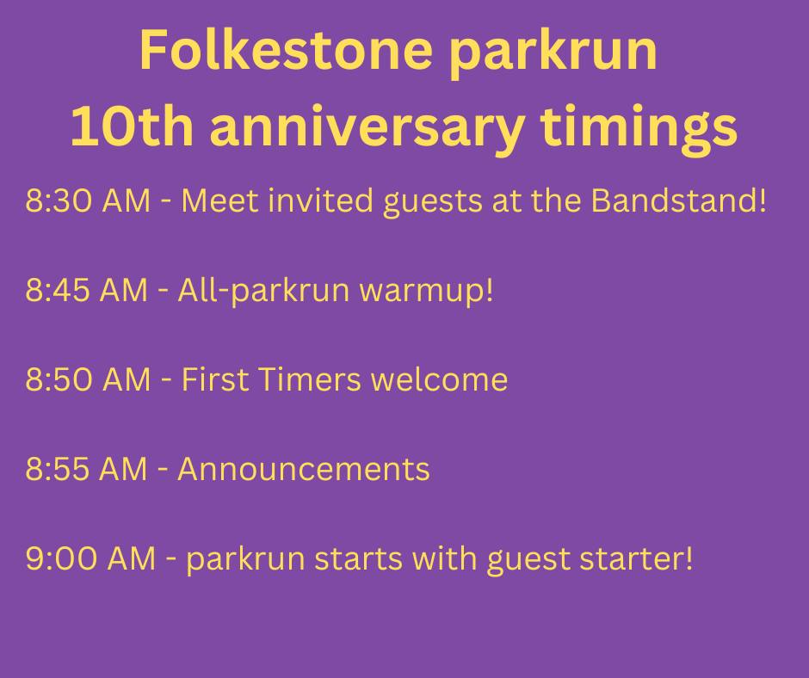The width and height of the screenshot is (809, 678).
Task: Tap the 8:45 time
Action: point(58,291)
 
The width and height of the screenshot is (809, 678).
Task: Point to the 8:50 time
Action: point(59,379)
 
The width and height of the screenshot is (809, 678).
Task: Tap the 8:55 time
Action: point(58,469)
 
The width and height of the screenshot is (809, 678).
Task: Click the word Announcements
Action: point(304,469)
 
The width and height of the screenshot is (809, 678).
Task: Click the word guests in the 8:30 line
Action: point(437,204)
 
